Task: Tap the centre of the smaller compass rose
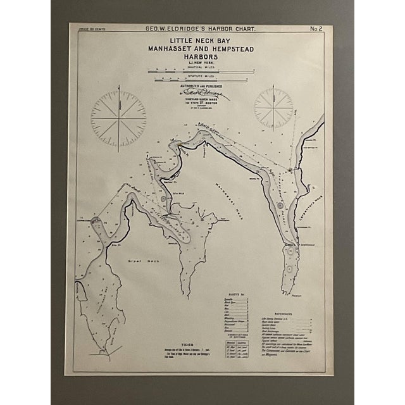tap(273, 108)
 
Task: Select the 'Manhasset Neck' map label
tap(234, 190)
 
